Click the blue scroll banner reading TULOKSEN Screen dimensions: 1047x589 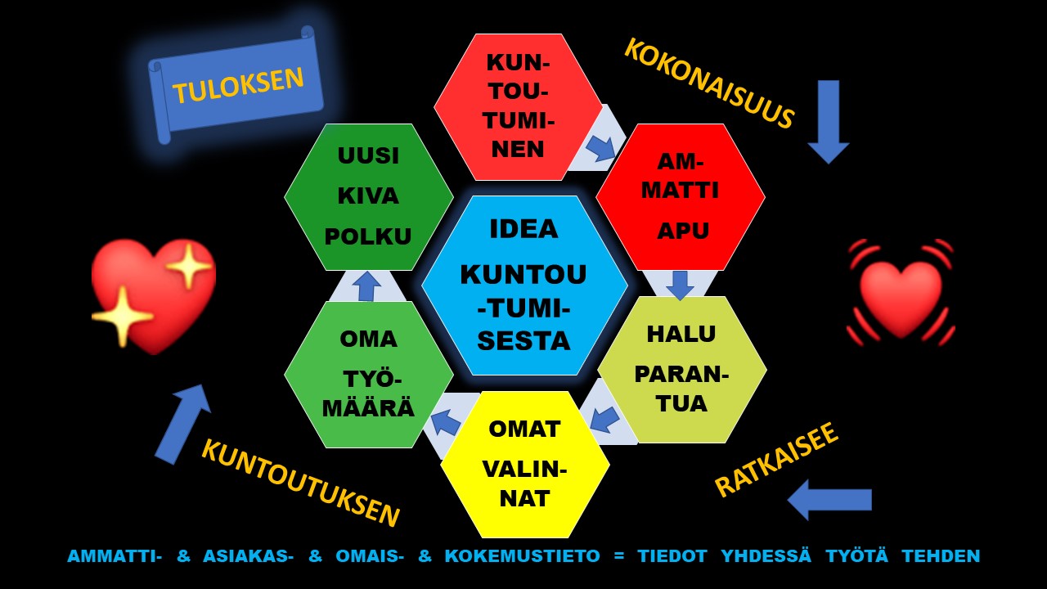click(x=236, y=85)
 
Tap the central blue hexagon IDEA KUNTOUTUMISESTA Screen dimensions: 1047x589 click(x=524, y=286)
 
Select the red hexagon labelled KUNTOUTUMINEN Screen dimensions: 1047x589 click(x=518, y=106)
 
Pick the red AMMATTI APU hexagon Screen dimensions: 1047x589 click(x=680, y=197)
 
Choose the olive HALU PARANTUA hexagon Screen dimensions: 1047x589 click(x=682, y=369)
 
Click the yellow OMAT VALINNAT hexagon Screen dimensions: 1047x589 click(x=525, y=465)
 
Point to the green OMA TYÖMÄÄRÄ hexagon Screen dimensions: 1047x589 click(x=369, y=375)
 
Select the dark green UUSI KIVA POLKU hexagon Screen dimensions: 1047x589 click(x=369, y=197)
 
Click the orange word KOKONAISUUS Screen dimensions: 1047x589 click(x=708, y=83)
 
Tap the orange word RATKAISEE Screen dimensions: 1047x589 click(x=776, y=460)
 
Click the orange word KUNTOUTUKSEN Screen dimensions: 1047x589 click(x=300, y=483)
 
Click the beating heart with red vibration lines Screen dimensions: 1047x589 click(x=901, y=293)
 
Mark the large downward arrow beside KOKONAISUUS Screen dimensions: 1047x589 click(x=829, y=122)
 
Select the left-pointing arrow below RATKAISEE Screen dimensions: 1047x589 click(x=829, y=500)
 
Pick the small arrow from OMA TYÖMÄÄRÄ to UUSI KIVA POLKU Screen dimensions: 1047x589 click(x=367, y=286)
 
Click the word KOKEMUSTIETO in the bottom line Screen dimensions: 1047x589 click(x=522, y=556)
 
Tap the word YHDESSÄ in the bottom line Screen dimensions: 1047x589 click(x=766, y=555)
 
